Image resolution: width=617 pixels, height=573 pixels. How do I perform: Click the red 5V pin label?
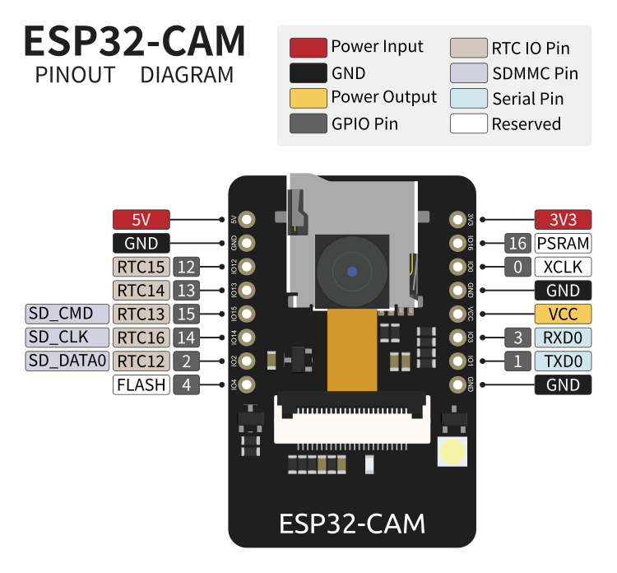coord(141,220)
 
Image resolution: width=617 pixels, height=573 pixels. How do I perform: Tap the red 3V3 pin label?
coord(563,220)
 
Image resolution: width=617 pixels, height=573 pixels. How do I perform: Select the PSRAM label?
coord(563,243)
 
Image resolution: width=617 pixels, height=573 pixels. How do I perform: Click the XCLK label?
coord(563,267)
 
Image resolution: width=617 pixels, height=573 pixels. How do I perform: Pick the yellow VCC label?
coord(563,314)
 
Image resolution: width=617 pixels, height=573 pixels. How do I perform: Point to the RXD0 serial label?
coord(563,338)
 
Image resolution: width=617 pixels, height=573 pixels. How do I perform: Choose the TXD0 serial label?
coord(563,361)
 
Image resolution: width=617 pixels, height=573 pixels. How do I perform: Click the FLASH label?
coord(141,384)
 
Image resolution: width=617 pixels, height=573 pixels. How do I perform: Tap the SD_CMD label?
coord(67,314)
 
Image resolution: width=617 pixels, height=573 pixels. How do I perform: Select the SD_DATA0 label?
coord(67,361)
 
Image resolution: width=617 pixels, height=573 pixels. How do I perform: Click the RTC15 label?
coord(141,267)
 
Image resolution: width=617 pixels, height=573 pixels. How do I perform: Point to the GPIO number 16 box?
coord(517,243)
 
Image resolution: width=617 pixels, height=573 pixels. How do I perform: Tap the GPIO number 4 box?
coord(187,384)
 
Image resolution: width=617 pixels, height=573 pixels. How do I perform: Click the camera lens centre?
coord(352,271)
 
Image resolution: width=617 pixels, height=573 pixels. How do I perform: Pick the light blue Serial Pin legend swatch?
coord(468,99)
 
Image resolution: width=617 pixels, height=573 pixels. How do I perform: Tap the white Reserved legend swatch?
coord(468,124)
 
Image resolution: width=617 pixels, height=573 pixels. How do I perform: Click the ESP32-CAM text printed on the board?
coord(352,524)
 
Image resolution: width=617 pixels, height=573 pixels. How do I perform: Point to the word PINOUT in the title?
coord(75,75)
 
